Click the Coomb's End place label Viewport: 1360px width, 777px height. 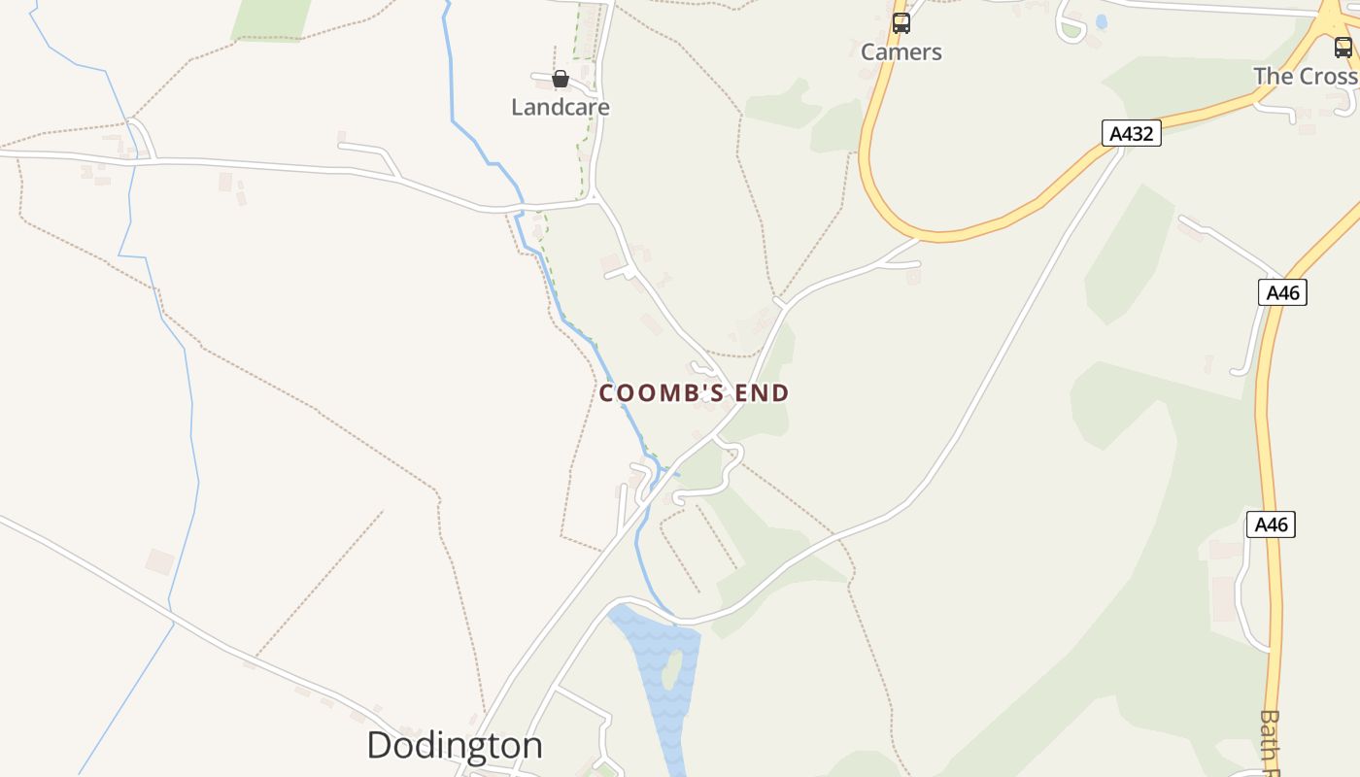point(694,393)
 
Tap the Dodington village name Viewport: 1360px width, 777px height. point(455,745)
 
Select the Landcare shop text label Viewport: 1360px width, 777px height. point(561,107)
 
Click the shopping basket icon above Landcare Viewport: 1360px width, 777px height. point(561,79)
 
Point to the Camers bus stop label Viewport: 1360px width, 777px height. point(901,52)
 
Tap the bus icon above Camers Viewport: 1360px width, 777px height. point(901,23)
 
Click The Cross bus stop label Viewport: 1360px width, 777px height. point(1305,76)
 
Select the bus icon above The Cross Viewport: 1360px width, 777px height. point(1343,47)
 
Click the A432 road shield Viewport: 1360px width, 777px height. point(1132,133)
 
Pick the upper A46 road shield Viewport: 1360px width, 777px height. point(1282,292)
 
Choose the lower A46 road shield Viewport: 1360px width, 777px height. point(1271,524)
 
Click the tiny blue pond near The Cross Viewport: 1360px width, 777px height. point(1101,20)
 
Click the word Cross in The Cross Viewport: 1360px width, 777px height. point(1330,76)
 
